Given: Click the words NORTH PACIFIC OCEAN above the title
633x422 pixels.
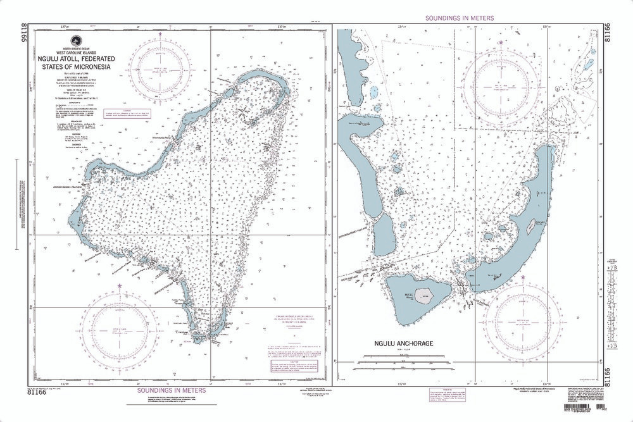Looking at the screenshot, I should [x=66, y=48].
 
